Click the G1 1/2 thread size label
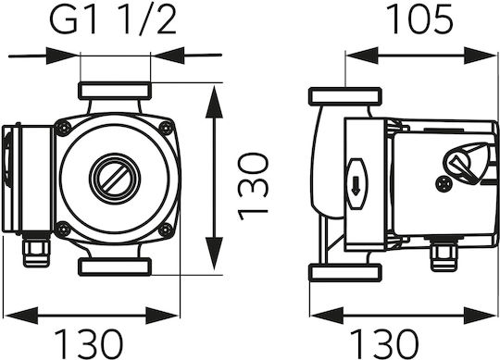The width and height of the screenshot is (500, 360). point(113,19)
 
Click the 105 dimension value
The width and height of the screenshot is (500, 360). point(419,19)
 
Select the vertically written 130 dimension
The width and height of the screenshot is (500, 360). point(254,187)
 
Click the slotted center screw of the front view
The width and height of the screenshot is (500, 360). point(115,179)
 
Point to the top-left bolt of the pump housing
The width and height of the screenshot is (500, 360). point(63,128)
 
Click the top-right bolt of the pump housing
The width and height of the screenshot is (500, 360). point(166,128)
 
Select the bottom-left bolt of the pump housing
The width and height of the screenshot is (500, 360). point(63,230)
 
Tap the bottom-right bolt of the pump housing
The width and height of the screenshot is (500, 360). point(166,230)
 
